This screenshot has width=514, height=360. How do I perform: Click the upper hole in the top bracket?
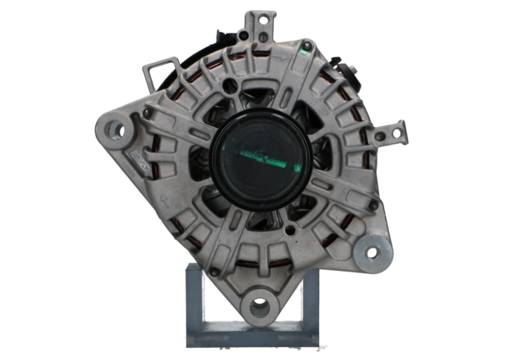tap(263, 20)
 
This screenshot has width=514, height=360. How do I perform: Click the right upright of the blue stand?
tap(311, 301)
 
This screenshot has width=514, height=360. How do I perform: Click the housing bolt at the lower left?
tap(213, 271)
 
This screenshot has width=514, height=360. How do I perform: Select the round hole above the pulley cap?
tap(232, 86)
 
